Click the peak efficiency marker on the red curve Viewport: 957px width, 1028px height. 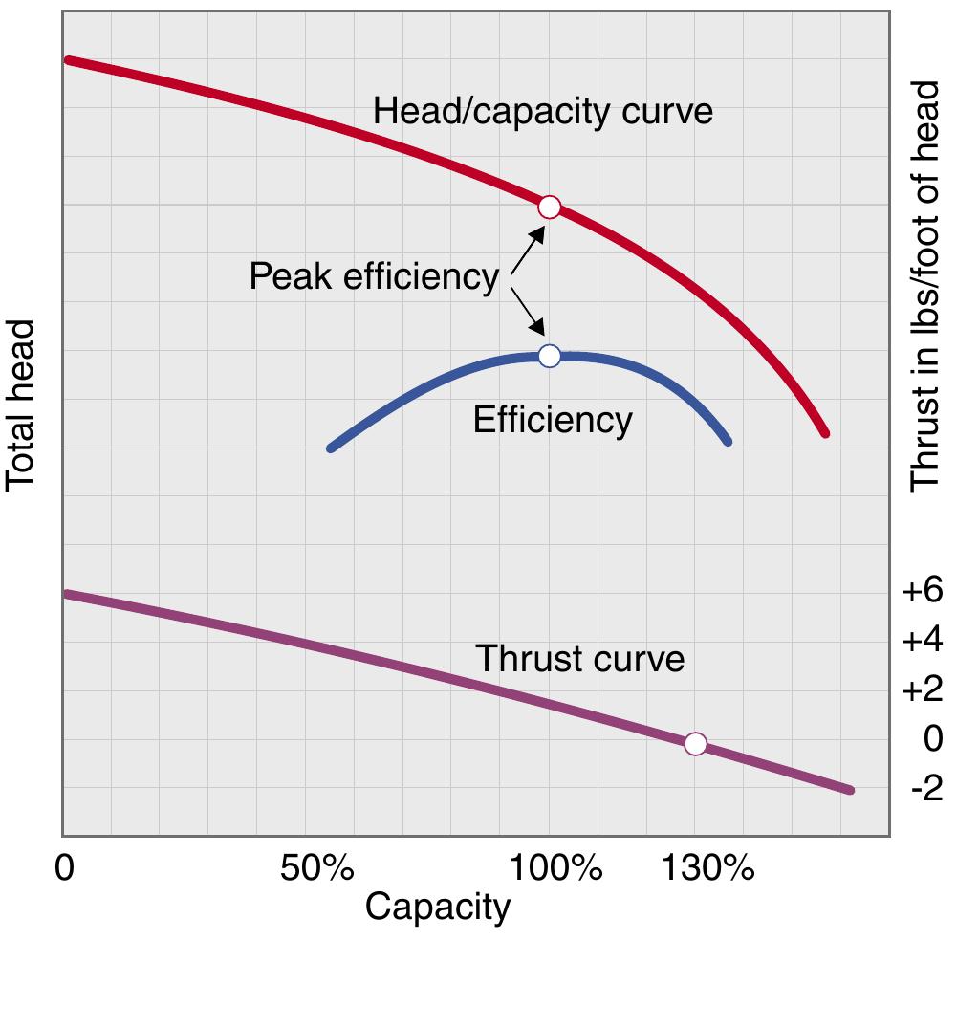coord(549,207)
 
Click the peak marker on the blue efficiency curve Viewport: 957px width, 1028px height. coord(549,356)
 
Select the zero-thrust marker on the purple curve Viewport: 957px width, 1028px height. coord(695,743)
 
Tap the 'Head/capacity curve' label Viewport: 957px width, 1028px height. coord(542,111)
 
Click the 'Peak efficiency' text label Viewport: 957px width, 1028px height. coord(374,277)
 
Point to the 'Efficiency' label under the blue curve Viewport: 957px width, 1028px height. coord(553,420)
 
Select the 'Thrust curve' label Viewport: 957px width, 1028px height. coord(579,659)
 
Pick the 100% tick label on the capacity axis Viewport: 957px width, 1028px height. coord(556,869)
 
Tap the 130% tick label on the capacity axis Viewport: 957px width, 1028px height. coord(708,869)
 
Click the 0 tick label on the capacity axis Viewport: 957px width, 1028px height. coord(65,869)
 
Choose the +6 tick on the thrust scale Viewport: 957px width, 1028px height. coord(922,592)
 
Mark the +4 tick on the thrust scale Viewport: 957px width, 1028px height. coord(922,640)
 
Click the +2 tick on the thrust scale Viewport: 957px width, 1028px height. coord(922,689)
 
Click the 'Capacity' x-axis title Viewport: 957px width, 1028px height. coord(438,907)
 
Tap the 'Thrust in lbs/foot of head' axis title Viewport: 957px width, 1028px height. coord(924,287)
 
